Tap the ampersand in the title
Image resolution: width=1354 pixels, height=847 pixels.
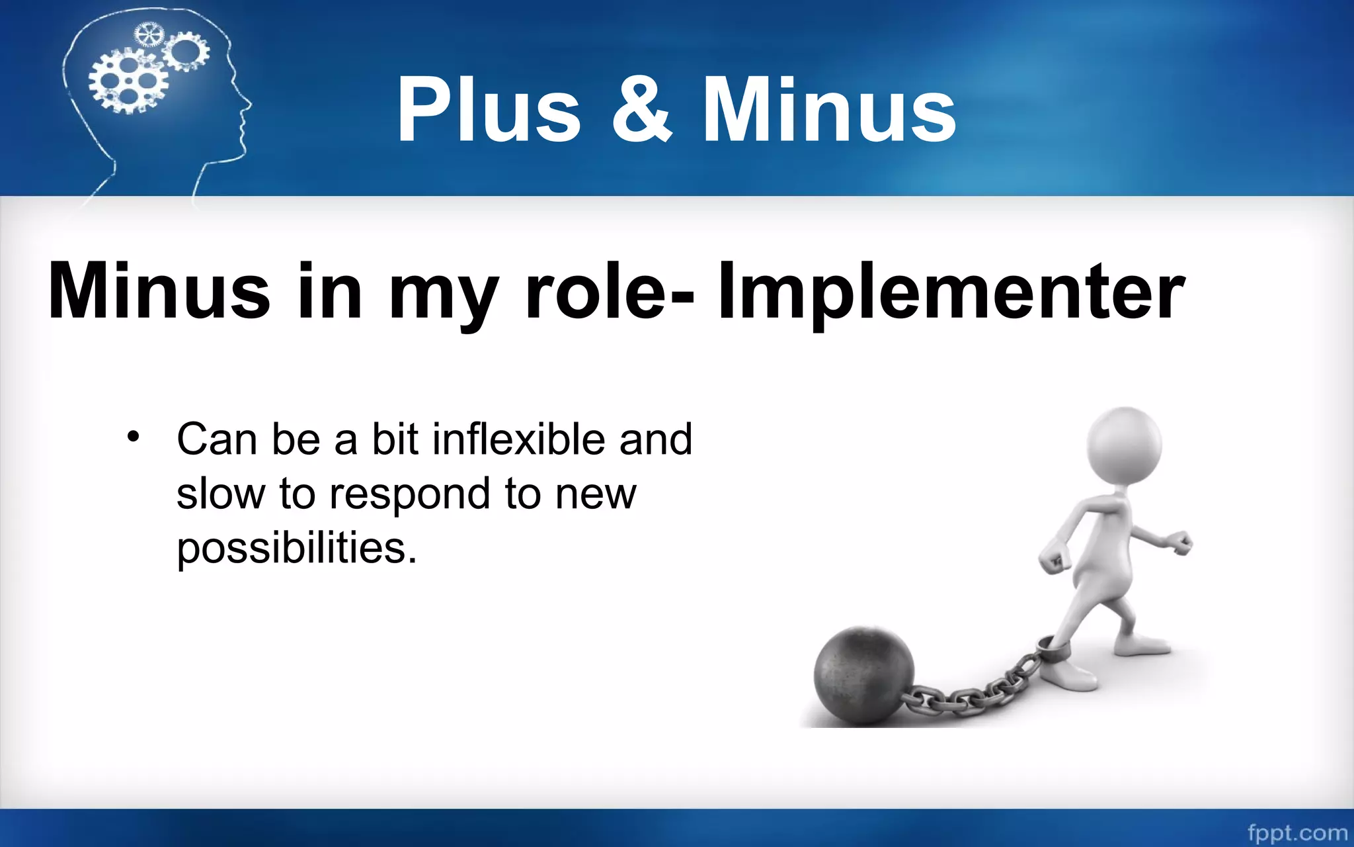click(x=640, y=109)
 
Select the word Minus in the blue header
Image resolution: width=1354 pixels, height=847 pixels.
click(x=829, y=109)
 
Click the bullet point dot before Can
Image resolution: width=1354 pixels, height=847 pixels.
click(x=134, y=437)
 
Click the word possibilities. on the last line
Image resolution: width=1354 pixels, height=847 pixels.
click(x=297, y=548)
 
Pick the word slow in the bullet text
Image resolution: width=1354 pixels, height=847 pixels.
click(x=220, y=494)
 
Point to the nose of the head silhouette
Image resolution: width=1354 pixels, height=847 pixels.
click(x=249, y=105)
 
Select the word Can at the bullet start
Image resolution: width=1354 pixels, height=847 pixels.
click(x=216, y=439)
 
